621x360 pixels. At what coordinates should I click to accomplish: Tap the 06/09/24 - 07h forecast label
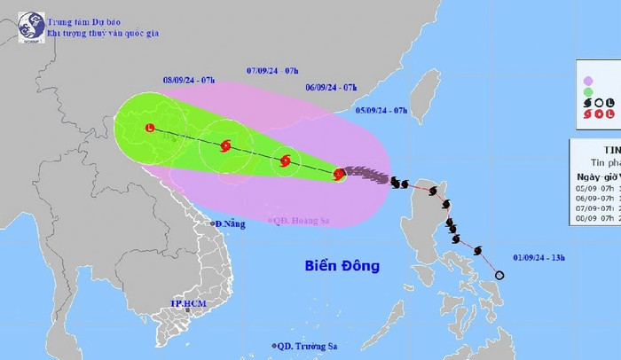pyautogui.click(x=331, y=88)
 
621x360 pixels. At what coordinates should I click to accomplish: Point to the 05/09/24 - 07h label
pyautogui.click(x=381, y=110)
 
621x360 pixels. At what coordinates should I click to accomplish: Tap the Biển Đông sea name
pyautogui.click(x=342, y=265)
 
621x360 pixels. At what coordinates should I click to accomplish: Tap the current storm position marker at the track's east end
pyautogui.click(x=338, y=175)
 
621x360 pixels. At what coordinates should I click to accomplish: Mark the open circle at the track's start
pyautogui.click(x=499, y=275)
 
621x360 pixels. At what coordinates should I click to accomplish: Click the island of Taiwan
pyautogui.click(x=428, y=92)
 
